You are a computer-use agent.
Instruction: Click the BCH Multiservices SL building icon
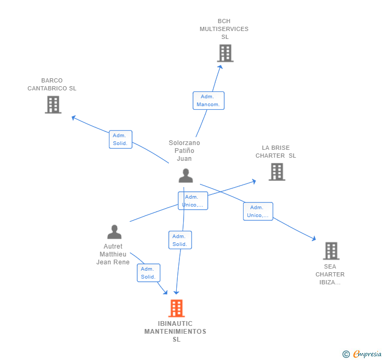[225, 54]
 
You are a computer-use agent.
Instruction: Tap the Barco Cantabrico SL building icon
[53, 105]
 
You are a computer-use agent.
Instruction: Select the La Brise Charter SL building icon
[277, 172]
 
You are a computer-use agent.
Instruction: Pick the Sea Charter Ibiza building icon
[331, 251]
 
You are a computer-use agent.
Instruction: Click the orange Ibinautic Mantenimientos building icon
[177, 308]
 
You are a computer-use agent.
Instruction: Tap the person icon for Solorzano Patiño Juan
[185, 176]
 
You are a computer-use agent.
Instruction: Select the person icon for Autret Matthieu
[114, 232]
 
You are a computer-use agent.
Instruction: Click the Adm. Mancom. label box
[208, 100]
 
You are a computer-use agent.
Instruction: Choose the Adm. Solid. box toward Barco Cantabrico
[120, 139]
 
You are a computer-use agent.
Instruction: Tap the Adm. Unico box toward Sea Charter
[258, 211]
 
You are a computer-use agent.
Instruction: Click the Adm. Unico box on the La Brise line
[193, 201]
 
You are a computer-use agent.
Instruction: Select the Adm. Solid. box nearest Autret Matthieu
[148, 273]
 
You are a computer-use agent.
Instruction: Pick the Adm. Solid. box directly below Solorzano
[180, 240]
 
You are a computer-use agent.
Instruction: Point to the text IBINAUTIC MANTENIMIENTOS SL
[176, 332]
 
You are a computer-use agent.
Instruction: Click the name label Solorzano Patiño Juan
[184, 151]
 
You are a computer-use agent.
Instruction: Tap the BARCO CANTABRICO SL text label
[52, 85]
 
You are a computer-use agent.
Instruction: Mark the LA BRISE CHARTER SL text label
[276, 152]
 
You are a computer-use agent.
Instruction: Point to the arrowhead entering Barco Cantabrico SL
[74, 117]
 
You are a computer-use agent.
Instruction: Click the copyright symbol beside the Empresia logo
[346, 355]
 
